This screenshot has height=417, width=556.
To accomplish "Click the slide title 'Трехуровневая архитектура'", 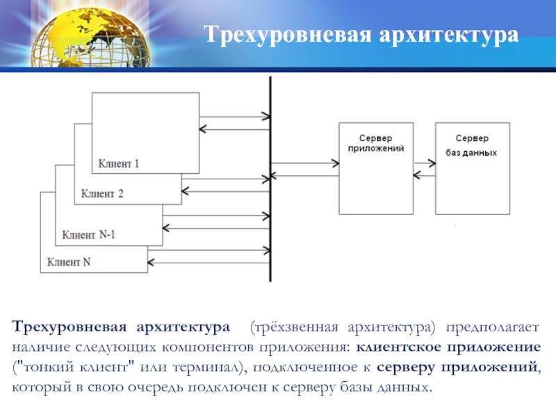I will (x=361, y=34).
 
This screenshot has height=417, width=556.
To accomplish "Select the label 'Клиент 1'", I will (x=119, y=165).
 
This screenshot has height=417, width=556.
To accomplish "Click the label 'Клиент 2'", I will (x=101, y=194).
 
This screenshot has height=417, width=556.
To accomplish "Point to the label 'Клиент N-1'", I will (x=88, y=234).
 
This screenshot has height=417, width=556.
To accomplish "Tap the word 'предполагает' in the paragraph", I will (x=493, y=327).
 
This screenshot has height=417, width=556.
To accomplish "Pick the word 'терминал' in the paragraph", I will (x=206, y=366).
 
